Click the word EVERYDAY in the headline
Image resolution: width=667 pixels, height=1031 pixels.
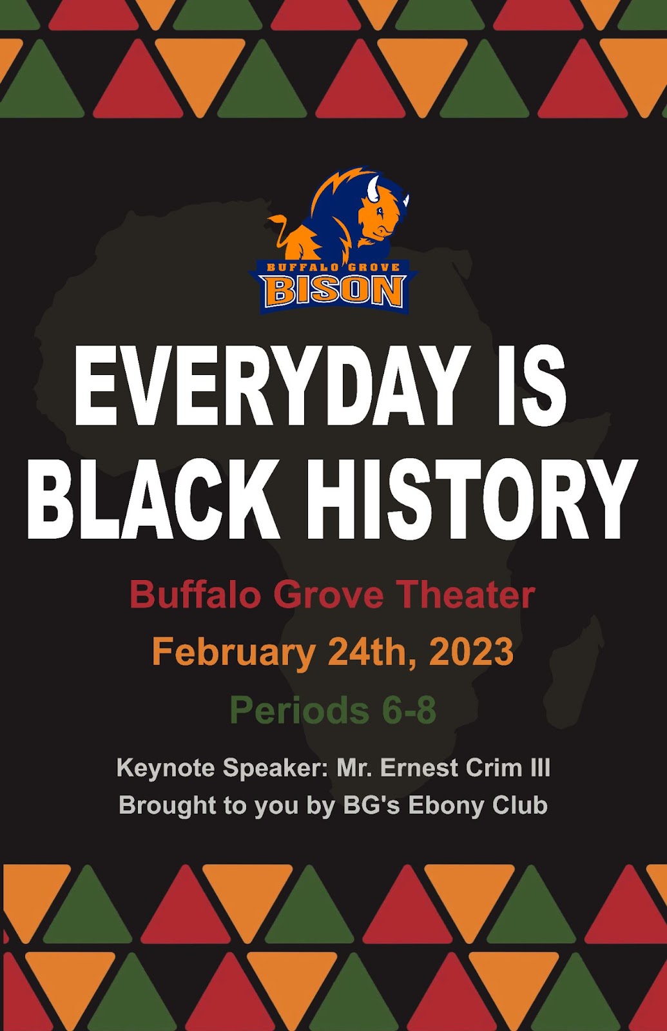[271, 385]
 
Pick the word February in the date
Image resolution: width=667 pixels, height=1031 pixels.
[233, 653]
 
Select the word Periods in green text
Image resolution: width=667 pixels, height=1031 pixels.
[299, 710]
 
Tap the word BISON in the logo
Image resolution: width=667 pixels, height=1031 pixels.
[334, 291]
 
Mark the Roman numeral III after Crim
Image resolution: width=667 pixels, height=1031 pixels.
[541, 767]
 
